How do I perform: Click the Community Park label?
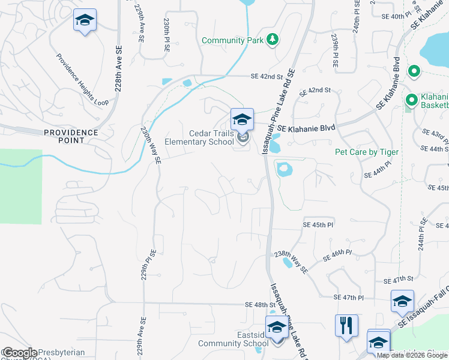coord(232,40)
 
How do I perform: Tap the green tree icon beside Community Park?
coord(273,40)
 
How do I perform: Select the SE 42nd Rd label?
coord(267,77)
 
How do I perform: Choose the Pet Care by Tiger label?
coord(366,152)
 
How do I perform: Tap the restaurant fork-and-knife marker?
coord(346,325)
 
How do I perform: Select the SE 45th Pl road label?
coord(316,224)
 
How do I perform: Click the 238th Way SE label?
coord(291,262)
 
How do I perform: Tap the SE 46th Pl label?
coord(338,256)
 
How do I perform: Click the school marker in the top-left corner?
coord(85,20)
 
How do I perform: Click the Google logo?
coord(20,353)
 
